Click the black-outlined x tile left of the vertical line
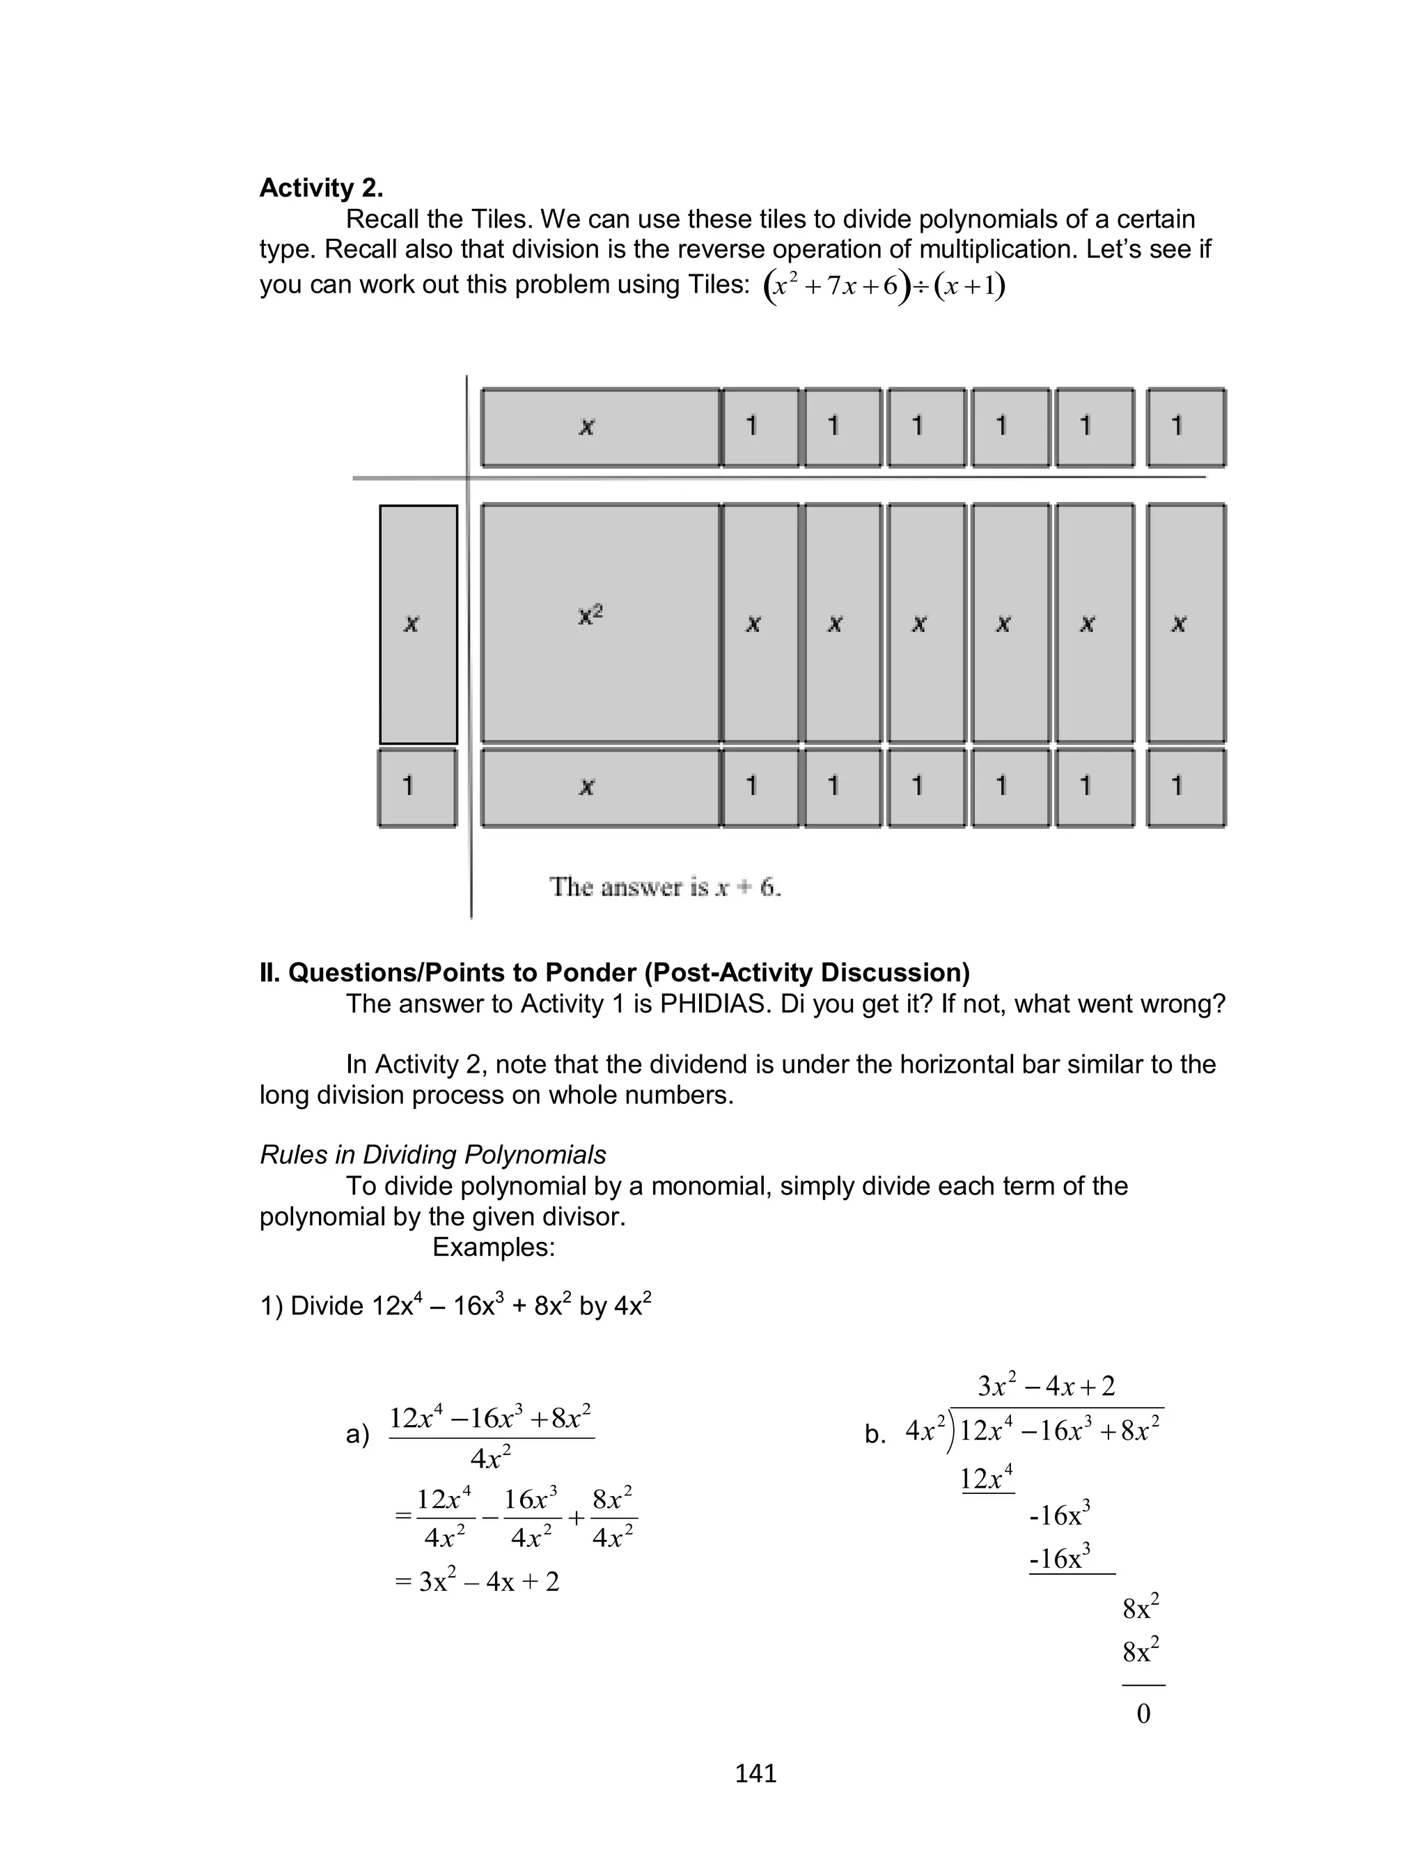click(x=418, y=625)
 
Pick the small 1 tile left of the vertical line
click(x=417, y=787)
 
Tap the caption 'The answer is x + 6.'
click(x=665, y=887)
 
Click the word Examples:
click(x=493, y=1247)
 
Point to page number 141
click(x=755, y=1773)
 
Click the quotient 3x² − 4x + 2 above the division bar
click(x=1046, y=1386)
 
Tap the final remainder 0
click(x=1143, y=1714)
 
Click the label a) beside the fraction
click(x=357, y=1435)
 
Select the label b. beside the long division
click(x=875, y=1435)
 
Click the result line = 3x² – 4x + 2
click(x=477, y=1581)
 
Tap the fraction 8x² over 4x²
click(x=613, y=1518)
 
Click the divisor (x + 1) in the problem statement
click(x=969, y=286)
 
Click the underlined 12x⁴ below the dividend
click(x=987, y=1479)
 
